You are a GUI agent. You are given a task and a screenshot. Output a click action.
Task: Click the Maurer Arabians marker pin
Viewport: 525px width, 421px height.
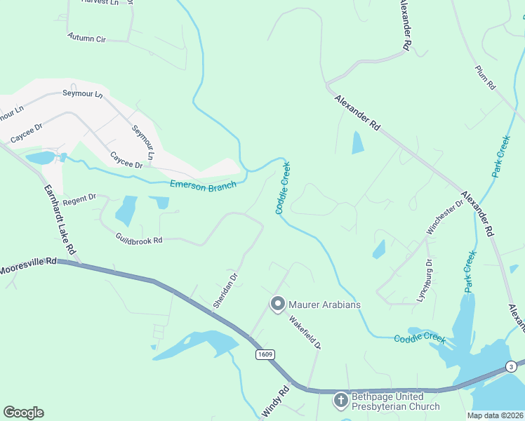277,304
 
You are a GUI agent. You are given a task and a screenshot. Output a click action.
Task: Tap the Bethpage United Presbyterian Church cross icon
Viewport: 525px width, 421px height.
340,400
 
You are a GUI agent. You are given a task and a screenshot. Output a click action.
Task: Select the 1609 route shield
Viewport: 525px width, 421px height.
264,355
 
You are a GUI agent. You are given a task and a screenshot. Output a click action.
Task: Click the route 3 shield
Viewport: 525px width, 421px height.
512,366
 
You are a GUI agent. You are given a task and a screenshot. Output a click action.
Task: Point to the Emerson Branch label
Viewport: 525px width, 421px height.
203,186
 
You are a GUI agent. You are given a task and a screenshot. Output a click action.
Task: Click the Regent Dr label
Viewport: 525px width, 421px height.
79,200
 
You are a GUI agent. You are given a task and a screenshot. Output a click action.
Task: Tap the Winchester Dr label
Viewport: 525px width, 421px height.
445,218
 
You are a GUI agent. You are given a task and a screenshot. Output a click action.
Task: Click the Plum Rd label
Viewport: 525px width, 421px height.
485,77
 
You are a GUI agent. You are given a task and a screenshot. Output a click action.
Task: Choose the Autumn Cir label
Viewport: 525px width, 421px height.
86,37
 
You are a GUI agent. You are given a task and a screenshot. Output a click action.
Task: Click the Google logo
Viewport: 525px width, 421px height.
23,413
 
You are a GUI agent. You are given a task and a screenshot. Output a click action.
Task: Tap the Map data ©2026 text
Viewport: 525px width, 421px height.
496,415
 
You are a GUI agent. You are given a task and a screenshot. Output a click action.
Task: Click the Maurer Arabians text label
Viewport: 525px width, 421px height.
324,305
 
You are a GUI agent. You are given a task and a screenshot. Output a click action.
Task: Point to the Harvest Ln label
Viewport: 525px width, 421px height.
100,2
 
